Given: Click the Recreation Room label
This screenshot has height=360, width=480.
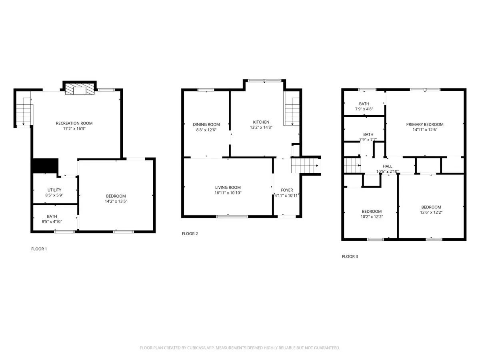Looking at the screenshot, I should [77, 123].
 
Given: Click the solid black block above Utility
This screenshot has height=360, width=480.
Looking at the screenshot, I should [45, 166].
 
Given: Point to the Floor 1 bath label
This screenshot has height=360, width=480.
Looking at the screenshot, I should [52, 216].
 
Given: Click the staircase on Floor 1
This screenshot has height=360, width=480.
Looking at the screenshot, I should [24, 112].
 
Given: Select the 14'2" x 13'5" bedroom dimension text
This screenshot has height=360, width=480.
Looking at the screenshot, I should [116, 202].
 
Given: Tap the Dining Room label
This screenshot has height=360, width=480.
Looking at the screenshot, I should [206, 124].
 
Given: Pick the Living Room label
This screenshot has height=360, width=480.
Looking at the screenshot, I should [228, 187].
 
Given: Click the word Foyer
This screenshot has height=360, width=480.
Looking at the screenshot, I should [287, 190].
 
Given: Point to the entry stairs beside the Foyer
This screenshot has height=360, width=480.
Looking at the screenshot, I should [305, 165].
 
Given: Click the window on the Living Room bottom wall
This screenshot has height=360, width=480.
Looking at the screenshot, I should [232, 216].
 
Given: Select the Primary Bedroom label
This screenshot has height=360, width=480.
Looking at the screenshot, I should [425, 124].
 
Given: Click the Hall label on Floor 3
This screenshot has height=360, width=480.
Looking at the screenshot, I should [388, 166].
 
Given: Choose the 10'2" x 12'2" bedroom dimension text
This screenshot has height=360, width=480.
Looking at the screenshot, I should [372, 217].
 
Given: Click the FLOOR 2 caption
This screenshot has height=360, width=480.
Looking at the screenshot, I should [190, 234].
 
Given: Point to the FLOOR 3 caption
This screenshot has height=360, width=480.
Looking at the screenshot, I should [350, 256].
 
